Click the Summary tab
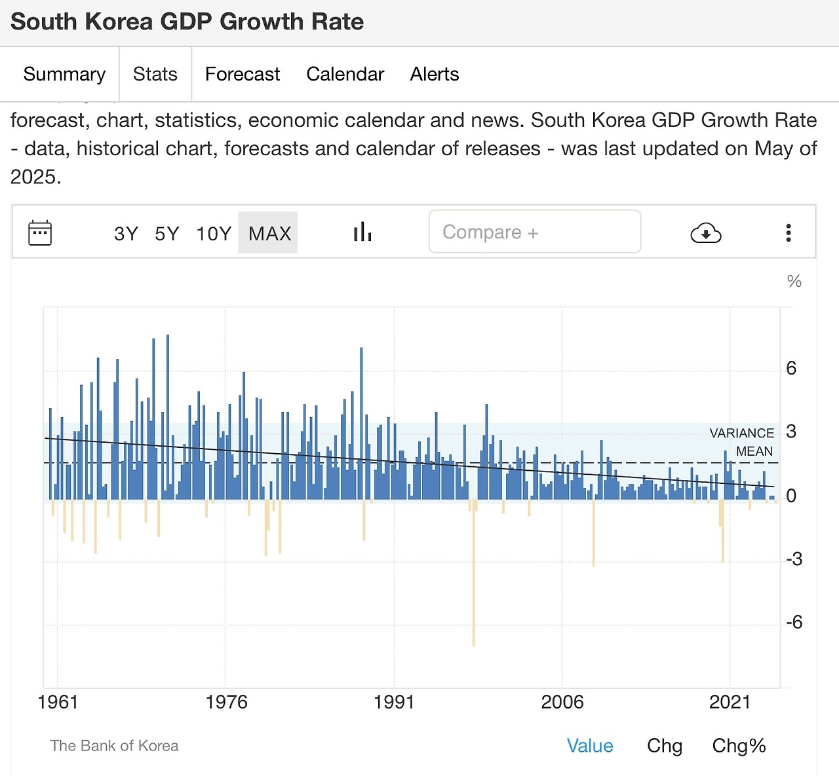coord(64,74)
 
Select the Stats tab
coord(155,74)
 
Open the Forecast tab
coord(242,74)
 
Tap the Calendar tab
coord(345,74)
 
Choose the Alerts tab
coord(434,74)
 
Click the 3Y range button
coord(126,233)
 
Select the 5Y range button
coord(166,233)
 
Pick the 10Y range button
coord(214,233)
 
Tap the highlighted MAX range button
coord(269,233)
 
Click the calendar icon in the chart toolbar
coord(40,232)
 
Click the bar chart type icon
coord(362,232)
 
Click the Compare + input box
coord(534,232)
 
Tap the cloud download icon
coord(706,232)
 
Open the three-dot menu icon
coord(789,232)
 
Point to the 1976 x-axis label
coord(226,702)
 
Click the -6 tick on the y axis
coord(794,622)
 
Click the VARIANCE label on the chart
coord(741,433)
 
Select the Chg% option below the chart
coord(739,746)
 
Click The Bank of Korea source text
coord(114,746)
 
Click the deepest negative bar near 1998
coord(473,589)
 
